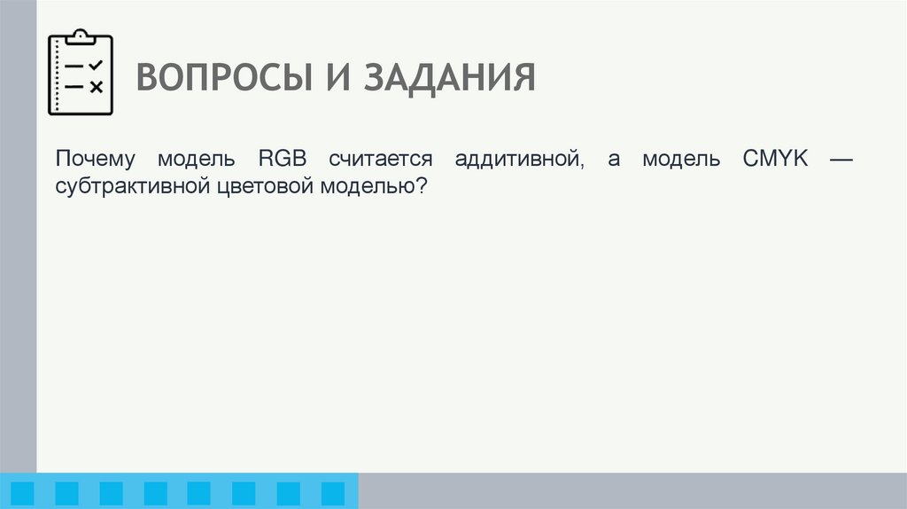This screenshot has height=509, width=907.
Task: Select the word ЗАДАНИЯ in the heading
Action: point(448,78)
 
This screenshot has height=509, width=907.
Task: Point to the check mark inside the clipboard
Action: point(97,65)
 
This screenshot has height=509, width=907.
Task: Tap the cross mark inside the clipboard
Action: point(97,86)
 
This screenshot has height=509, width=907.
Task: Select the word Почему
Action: point(95,161)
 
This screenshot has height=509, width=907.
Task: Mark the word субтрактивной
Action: point(130,187)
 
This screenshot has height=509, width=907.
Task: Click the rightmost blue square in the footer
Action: point(332,493)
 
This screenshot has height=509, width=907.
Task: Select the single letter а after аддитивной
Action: point(614,161)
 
